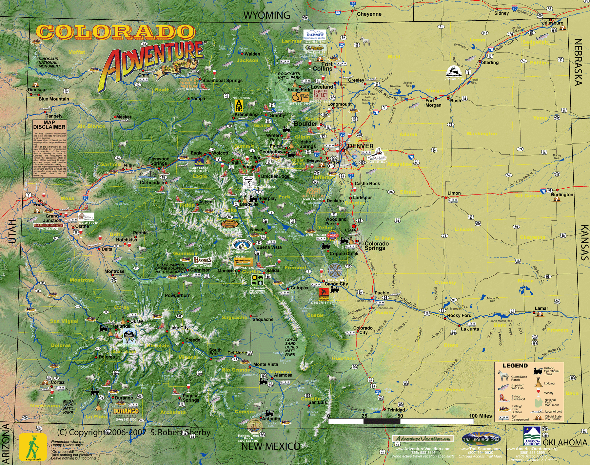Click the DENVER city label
coord(361,146)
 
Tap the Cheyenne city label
coord(369,14)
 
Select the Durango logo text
coord(126,411)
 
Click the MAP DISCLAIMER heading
coord(49,125)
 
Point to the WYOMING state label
coord(266,15)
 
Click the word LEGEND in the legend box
coord(515,366)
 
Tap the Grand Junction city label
coord(52,218)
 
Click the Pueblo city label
coord(382,293)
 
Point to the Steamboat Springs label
coord(222,80)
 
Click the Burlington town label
coord(562,195)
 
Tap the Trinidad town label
coord(396,410)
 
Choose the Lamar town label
coord(541,308)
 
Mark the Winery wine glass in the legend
coord(538,391)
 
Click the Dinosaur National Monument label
coord(49,63)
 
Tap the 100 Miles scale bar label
coord(480,416)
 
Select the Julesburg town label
coord(553,23)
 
